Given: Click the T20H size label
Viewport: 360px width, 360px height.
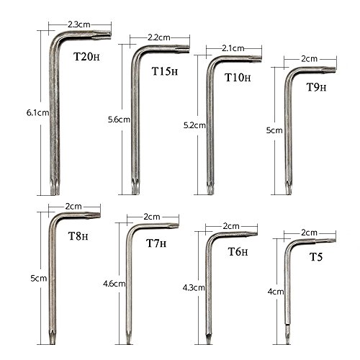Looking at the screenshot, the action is [86, 57].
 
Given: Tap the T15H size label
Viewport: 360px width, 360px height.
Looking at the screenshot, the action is [165, 71].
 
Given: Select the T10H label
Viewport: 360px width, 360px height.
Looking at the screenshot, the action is [238, 77].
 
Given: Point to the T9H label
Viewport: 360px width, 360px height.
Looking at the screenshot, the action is [317, 87].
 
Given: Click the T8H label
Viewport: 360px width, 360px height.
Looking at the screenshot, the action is [78, 236].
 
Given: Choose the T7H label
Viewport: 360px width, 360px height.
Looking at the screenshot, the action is [156, 243].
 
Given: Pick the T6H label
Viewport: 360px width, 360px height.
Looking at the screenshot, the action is [238, 251].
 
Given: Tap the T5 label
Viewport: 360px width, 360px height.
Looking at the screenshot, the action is [316, 257].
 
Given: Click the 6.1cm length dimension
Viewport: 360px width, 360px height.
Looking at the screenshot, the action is [37, 112].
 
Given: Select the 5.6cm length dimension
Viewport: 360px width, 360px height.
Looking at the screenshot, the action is [119, 120].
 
